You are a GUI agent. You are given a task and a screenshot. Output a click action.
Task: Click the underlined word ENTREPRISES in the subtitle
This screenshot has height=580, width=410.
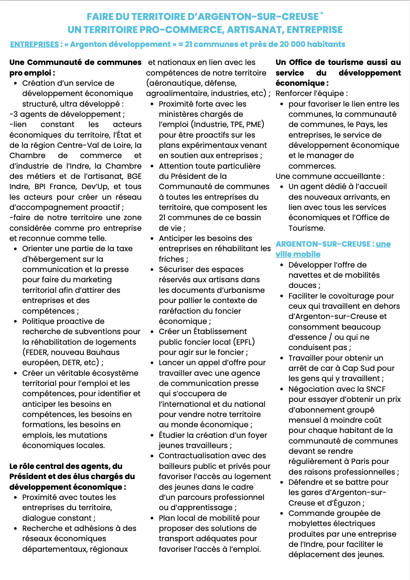[x=35, y=45]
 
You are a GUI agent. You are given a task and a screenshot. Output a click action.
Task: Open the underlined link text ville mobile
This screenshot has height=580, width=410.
[x=298, y=254]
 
